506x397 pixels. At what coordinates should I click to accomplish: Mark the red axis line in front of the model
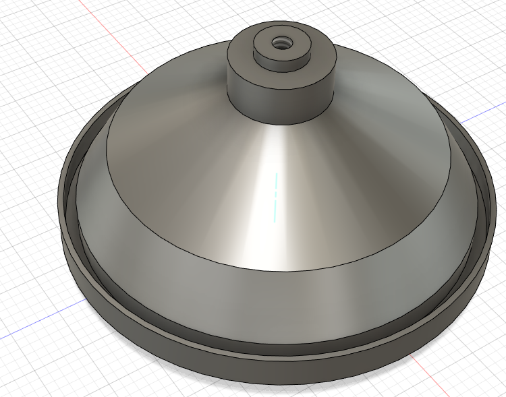[x=432, y=377]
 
